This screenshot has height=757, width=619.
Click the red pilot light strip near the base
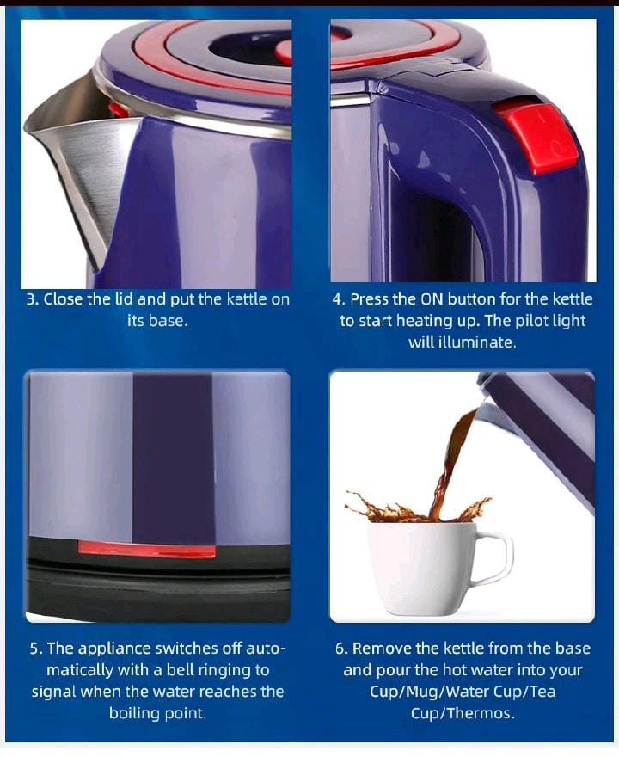[x=146, y=549]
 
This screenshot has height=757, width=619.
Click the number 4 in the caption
[x=338, y=299]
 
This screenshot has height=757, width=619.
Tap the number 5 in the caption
[x=34, y=649]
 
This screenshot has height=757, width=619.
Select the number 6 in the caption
[x=340, y=649]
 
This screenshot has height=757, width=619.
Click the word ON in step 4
[x=431, y=299]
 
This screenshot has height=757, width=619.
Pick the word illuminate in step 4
[x=475, y=342]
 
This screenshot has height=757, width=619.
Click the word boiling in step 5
[x=138, y=713]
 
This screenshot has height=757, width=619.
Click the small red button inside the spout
[x=119, y=109]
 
